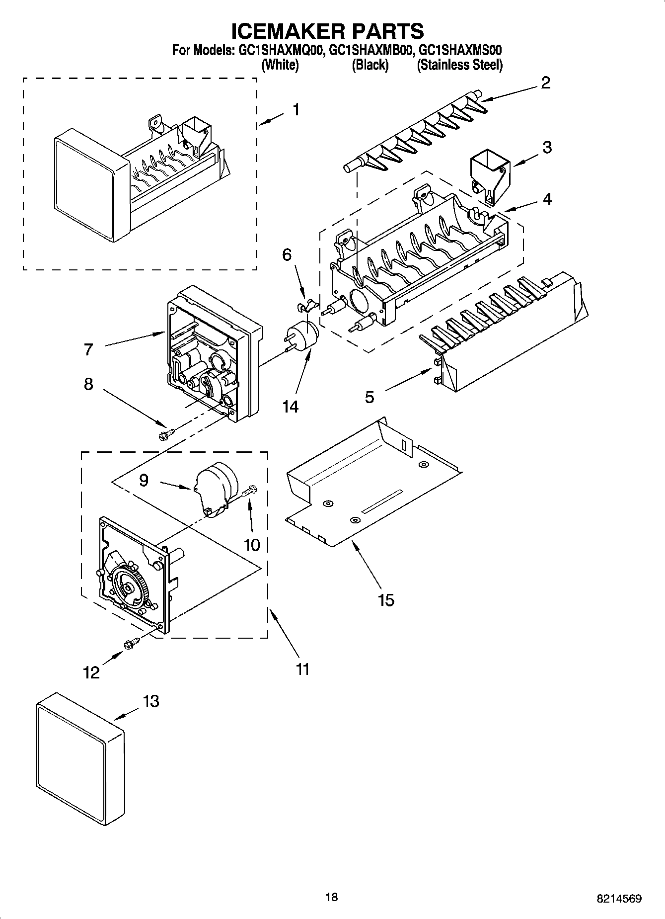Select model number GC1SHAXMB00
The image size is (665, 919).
pyautogui.click(x=368, y=50)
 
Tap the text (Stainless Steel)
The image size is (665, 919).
pyautogui.click(x=459, y=65)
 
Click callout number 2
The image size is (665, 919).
pyautogui.click(x=545, y=83)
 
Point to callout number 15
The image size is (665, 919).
pyautogui.click(x=385, y=600)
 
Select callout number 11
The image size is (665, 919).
pyautogui.click(x=302, y=669)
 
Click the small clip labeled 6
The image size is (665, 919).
pyautogui.click(x=306, y=306)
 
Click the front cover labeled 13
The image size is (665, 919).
pyautogui.click(x=79, y=760)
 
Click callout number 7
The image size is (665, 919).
pyautogui.click(x=88, y=349)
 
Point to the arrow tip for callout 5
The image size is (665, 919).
pyautogui.click(x=432, y=369)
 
